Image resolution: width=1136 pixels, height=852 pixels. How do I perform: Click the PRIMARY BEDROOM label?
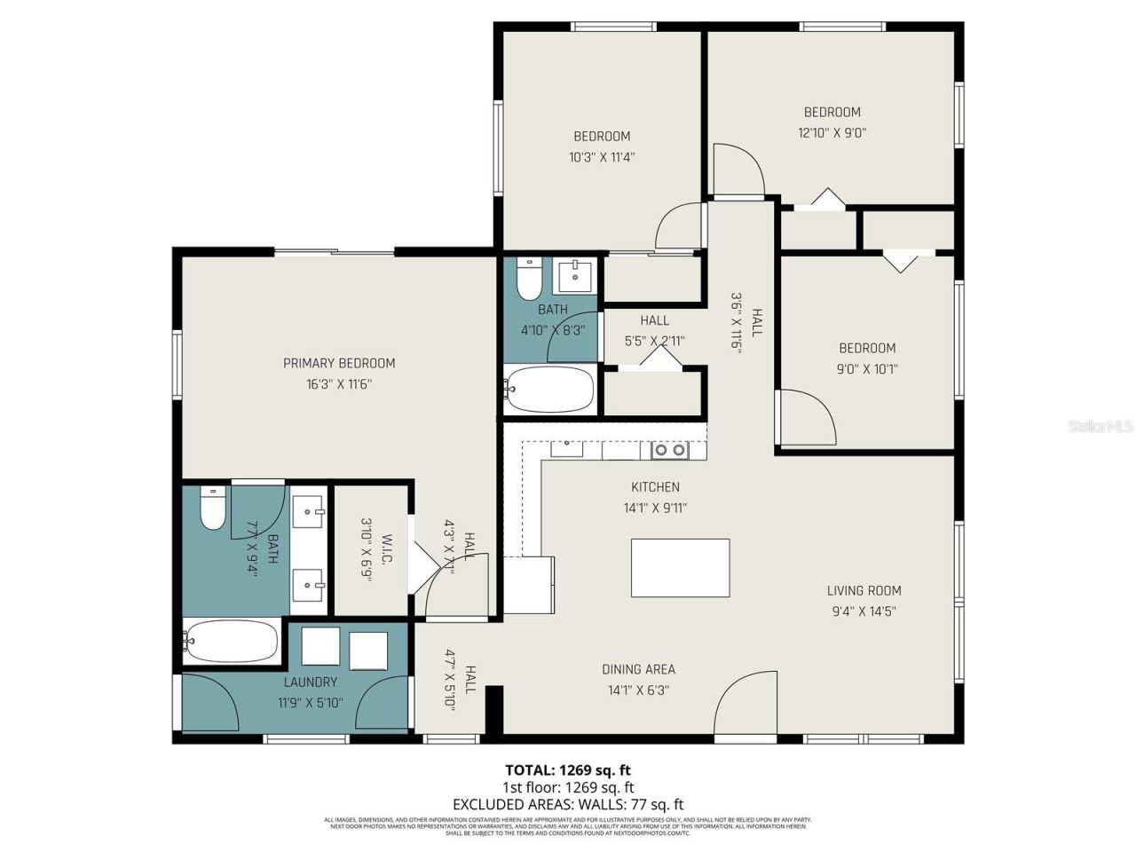pos(339,363)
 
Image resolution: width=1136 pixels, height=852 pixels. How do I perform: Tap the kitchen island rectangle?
pos(680,568)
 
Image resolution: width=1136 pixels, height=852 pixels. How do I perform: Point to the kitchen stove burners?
pos(670,450)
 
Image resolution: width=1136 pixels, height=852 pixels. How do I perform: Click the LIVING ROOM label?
pos(864,590)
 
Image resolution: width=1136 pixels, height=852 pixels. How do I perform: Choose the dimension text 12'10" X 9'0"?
pos(832,133)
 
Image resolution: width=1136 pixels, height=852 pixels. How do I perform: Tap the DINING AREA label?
pos(638,669)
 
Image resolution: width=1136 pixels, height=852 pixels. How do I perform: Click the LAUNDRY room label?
pos(311,682)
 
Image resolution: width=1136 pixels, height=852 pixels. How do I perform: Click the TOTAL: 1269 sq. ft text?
pos(568,770)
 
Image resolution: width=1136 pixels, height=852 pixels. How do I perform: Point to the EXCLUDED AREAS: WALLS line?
pos(568,804)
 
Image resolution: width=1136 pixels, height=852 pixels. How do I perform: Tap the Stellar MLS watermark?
pos(1100,427)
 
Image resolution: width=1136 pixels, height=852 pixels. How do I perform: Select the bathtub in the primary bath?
pos(233,641)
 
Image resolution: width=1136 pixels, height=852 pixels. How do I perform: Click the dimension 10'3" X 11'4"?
pos(602,157)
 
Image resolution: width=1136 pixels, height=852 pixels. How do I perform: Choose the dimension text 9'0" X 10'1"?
pos(867,369)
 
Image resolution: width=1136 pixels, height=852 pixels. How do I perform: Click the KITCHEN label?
pos(655,486)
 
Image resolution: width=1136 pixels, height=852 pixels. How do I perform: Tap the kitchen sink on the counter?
pos(566,448)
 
